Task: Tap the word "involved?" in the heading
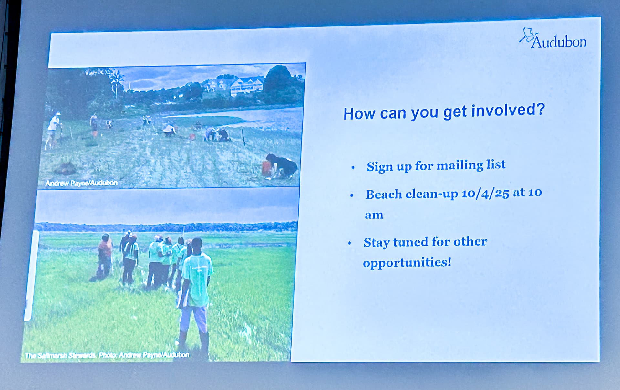pos(508,111)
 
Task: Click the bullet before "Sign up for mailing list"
pos(353,167)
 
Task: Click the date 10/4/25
pos(485,194)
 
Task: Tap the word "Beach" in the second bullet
pos(384,195)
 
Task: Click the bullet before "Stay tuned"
pos(350,243)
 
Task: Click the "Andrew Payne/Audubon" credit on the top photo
pos(81,183)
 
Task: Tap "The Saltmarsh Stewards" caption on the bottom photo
pos(60,355)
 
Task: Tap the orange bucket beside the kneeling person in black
pos(266,169)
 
